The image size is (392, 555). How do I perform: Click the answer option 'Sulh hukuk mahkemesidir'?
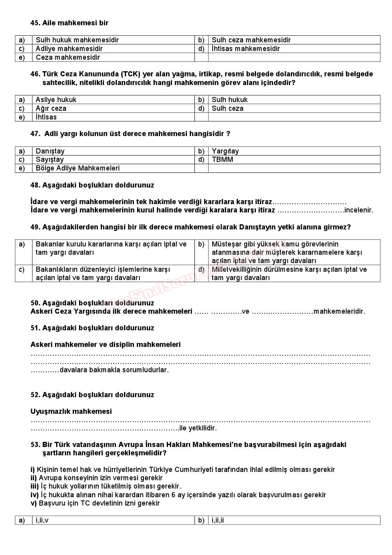[x=77, y=40]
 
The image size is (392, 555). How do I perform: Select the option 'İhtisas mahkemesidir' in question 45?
[x=245, y=49]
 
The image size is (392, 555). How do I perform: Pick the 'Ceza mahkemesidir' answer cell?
[x=68, y=57]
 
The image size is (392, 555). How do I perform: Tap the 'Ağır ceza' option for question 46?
[x=51, y=108]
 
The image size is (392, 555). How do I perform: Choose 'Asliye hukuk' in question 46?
[x=56, y=100]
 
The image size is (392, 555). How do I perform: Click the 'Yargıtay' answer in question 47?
[x=225, y=151]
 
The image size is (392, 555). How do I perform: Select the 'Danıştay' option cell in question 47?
[x=50, y=151]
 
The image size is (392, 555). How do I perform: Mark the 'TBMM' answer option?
[x=222, y=159]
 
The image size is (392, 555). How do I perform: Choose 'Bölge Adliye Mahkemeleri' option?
[x=77, y=168]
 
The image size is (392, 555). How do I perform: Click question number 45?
[x=35, y=23]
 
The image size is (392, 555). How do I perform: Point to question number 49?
[x=35, y=227]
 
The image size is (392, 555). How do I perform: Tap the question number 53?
[x=35, y=445]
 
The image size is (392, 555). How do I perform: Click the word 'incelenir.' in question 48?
[x=359, y=210]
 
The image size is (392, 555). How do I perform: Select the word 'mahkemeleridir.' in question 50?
[x=339, y=311]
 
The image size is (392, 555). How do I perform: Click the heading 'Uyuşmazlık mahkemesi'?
[x=71, y=411]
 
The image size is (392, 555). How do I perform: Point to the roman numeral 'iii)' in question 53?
[x=35, y=486]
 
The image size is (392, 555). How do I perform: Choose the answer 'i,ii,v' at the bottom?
[x=42, y=520]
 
